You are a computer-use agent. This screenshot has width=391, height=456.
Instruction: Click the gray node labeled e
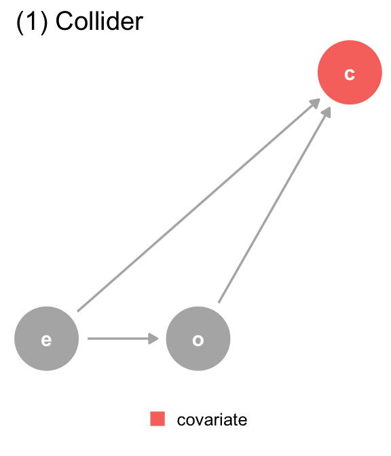click(47, 339)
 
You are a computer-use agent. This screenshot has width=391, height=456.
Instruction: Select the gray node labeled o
click(198, 339)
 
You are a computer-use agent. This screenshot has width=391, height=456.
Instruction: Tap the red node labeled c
click(350, 73)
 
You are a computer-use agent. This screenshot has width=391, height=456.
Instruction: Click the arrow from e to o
click(123, 339)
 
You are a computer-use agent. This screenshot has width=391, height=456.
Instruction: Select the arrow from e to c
click(199, 205)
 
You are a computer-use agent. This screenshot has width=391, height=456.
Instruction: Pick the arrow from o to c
click(275, 205)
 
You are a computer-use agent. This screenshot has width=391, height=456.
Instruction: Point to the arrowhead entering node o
click(153, 339)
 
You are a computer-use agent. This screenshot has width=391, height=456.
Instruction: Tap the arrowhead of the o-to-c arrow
click(327, 112)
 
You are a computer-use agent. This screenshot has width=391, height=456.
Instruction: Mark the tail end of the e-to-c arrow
click(77, 311)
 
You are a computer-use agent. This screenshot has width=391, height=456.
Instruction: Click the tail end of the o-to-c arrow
click(219, 303)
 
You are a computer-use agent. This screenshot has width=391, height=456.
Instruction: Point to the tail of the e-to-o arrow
click(88, 339)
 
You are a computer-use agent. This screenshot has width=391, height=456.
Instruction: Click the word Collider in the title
click(99, 21)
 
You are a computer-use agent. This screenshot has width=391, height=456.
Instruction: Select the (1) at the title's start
click(32, 22)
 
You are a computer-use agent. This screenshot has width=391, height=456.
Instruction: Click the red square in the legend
click(157, 419)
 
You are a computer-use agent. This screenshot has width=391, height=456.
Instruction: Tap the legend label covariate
click(212, 419)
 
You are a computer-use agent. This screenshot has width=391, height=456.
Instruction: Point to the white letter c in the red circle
click(350, 74)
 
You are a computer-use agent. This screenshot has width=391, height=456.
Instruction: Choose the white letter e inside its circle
click(47, 340)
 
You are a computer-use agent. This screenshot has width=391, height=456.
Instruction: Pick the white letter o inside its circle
click(198, 340)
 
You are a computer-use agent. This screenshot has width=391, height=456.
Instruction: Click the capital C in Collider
click(64, 21)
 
